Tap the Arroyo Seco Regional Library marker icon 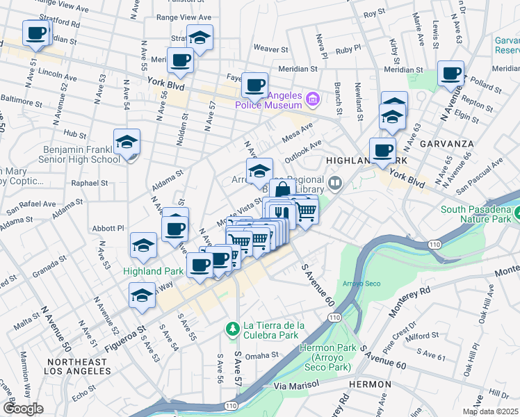(x=336, y=183)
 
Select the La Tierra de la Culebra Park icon (x=233, y=327)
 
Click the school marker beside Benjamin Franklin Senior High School (x=127, y=142)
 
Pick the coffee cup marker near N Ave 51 (x=36, y=33)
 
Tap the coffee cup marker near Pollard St (x=450, y=74)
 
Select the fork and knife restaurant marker (x=281, y=211)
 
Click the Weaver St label (x=270, y=49)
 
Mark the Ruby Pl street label (x=348, y=50)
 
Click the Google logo (x=23, y=408)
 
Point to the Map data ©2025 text (x=491, y=411)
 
